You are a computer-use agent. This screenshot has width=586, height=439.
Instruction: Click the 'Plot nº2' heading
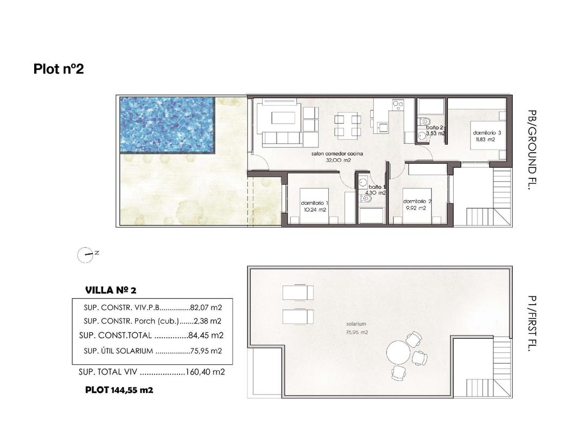tap(59, 69)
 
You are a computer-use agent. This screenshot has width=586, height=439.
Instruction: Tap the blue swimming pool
tap(167, 124)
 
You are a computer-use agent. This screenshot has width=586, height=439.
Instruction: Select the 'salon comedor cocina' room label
tap(337, 154)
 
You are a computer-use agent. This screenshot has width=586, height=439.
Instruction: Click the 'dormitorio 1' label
tap(314, 203)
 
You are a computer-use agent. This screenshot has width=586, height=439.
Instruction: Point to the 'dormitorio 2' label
tap(417, 201)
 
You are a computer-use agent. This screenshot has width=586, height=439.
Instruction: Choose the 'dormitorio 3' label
tap(487, 133)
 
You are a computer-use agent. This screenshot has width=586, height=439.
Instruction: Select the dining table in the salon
tap(347, 125)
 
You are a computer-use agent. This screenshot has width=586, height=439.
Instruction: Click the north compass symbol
tap(85, 254)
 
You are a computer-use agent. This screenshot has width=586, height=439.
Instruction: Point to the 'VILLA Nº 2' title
tap(114, 289)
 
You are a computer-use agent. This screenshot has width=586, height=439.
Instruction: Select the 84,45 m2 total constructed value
tap(206, 335)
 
